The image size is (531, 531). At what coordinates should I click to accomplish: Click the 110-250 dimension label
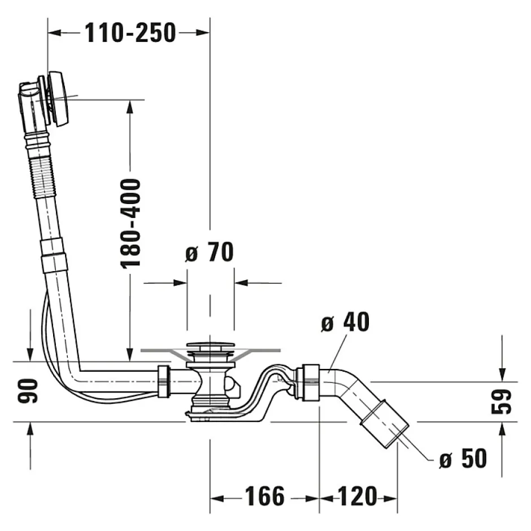[130, 33]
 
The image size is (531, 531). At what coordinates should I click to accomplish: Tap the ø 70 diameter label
[209, 253]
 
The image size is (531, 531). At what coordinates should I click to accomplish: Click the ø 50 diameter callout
[463, 459]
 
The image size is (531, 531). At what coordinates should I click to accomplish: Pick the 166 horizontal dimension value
[264, 497]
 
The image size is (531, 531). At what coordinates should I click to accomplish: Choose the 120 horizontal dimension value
[358, 497]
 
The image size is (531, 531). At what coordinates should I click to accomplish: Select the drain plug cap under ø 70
[210, 345]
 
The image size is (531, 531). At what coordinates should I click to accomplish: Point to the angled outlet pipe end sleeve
[386, 423]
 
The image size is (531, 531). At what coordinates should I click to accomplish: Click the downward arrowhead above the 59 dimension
[501, 375]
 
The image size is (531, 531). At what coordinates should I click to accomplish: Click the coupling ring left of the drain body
[163, 381]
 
